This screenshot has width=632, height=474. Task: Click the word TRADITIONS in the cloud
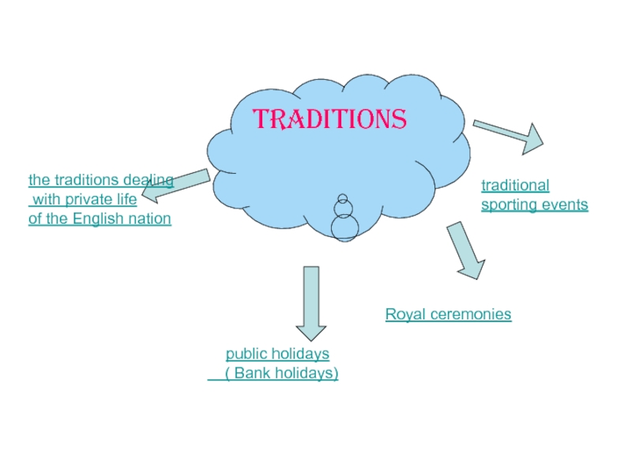point(330,119)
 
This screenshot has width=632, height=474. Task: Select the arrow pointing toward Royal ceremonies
point(466,250)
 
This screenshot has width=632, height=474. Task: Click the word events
point(566,205)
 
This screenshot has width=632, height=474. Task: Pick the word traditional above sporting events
point(515,186)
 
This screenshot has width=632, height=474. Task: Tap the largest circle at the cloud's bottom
point(344,228)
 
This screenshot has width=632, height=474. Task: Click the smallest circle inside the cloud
point(342,199)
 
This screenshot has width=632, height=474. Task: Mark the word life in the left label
point(125,200)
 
